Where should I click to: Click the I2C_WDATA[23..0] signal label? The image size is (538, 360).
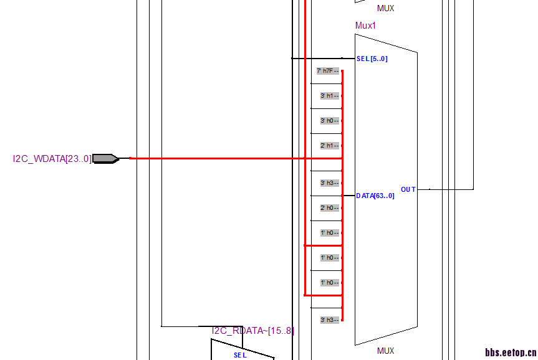tap(52, 159)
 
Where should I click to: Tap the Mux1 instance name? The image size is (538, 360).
tap(365, 26)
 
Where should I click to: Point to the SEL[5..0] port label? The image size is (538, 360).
tap(372, 59)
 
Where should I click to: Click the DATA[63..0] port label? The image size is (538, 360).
tap(375, 196)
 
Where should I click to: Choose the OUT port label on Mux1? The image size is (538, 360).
tap(408, 189)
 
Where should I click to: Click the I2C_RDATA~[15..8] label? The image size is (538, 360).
tap(252, 331)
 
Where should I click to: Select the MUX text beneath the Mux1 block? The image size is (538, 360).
tap(385, 351)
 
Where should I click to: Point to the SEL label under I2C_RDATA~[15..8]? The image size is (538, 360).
tap(240, 355)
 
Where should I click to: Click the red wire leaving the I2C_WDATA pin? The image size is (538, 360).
tap(218, 158)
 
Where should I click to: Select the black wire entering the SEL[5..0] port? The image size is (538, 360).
tap(324, 59)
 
